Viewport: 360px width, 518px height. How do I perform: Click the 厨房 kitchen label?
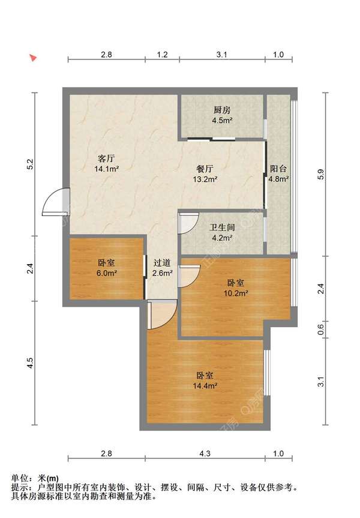tap(222, 110)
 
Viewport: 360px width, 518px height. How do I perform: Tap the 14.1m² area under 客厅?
tap(107, 169)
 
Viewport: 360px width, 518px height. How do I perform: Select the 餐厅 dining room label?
tap(205, 169)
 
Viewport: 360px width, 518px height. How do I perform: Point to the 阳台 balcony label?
tap(278, 169)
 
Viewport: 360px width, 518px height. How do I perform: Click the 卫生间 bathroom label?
tap(222, 227)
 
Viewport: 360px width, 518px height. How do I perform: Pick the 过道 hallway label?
tap(162, 263)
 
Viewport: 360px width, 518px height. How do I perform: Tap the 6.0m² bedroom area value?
tap(107, 274)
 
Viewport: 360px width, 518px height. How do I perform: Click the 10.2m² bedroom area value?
tap(236, 293)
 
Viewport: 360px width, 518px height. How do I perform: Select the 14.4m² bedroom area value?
tap(205, 385)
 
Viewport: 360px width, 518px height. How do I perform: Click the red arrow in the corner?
tap(32, 58)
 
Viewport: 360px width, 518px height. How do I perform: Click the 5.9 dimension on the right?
tap(320, 174)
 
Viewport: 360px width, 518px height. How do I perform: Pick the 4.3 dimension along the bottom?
tap(205, 454)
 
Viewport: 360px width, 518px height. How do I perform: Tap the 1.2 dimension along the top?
tap(162, 55)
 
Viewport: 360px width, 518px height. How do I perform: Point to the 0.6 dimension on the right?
tap(320, 330)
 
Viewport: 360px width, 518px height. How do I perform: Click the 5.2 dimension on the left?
tap(31, 164)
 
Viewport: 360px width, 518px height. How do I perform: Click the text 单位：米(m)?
tap(35, 478)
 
